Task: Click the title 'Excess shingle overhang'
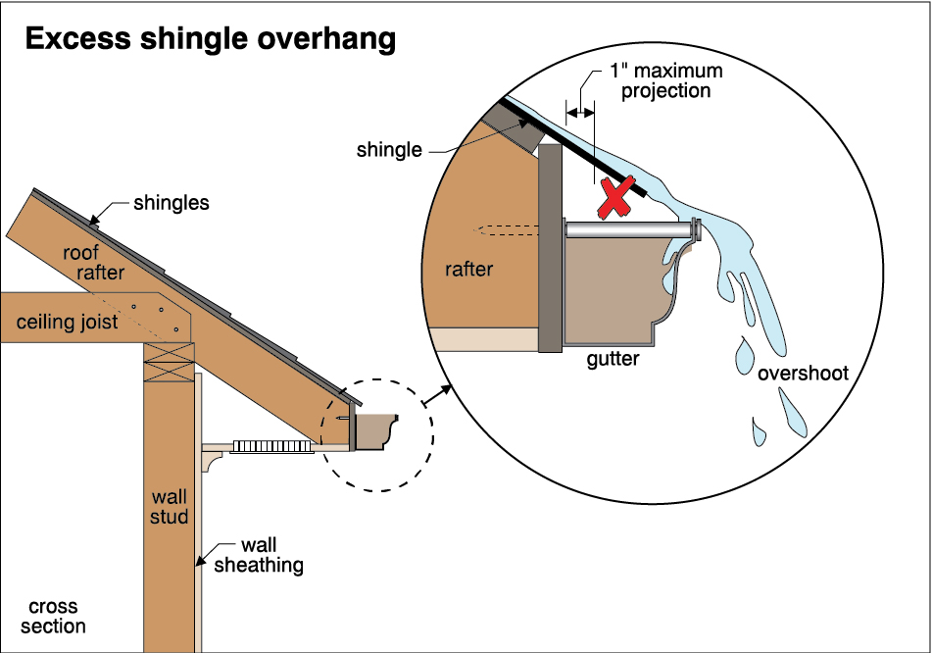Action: [x=210, y=39]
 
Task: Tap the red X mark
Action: [x=613, y=197]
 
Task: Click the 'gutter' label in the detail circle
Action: [x=613, y=359]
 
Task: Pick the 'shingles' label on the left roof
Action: [x=172, y=204]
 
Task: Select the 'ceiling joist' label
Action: [x=68, y=322]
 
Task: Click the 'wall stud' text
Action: [x=170, y=506]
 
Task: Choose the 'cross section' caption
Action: [x=53, y=617]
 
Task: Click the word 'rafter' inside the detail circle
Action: [x=468, y=269]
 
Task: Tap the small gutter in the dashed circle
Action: [x=376, y=432]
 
